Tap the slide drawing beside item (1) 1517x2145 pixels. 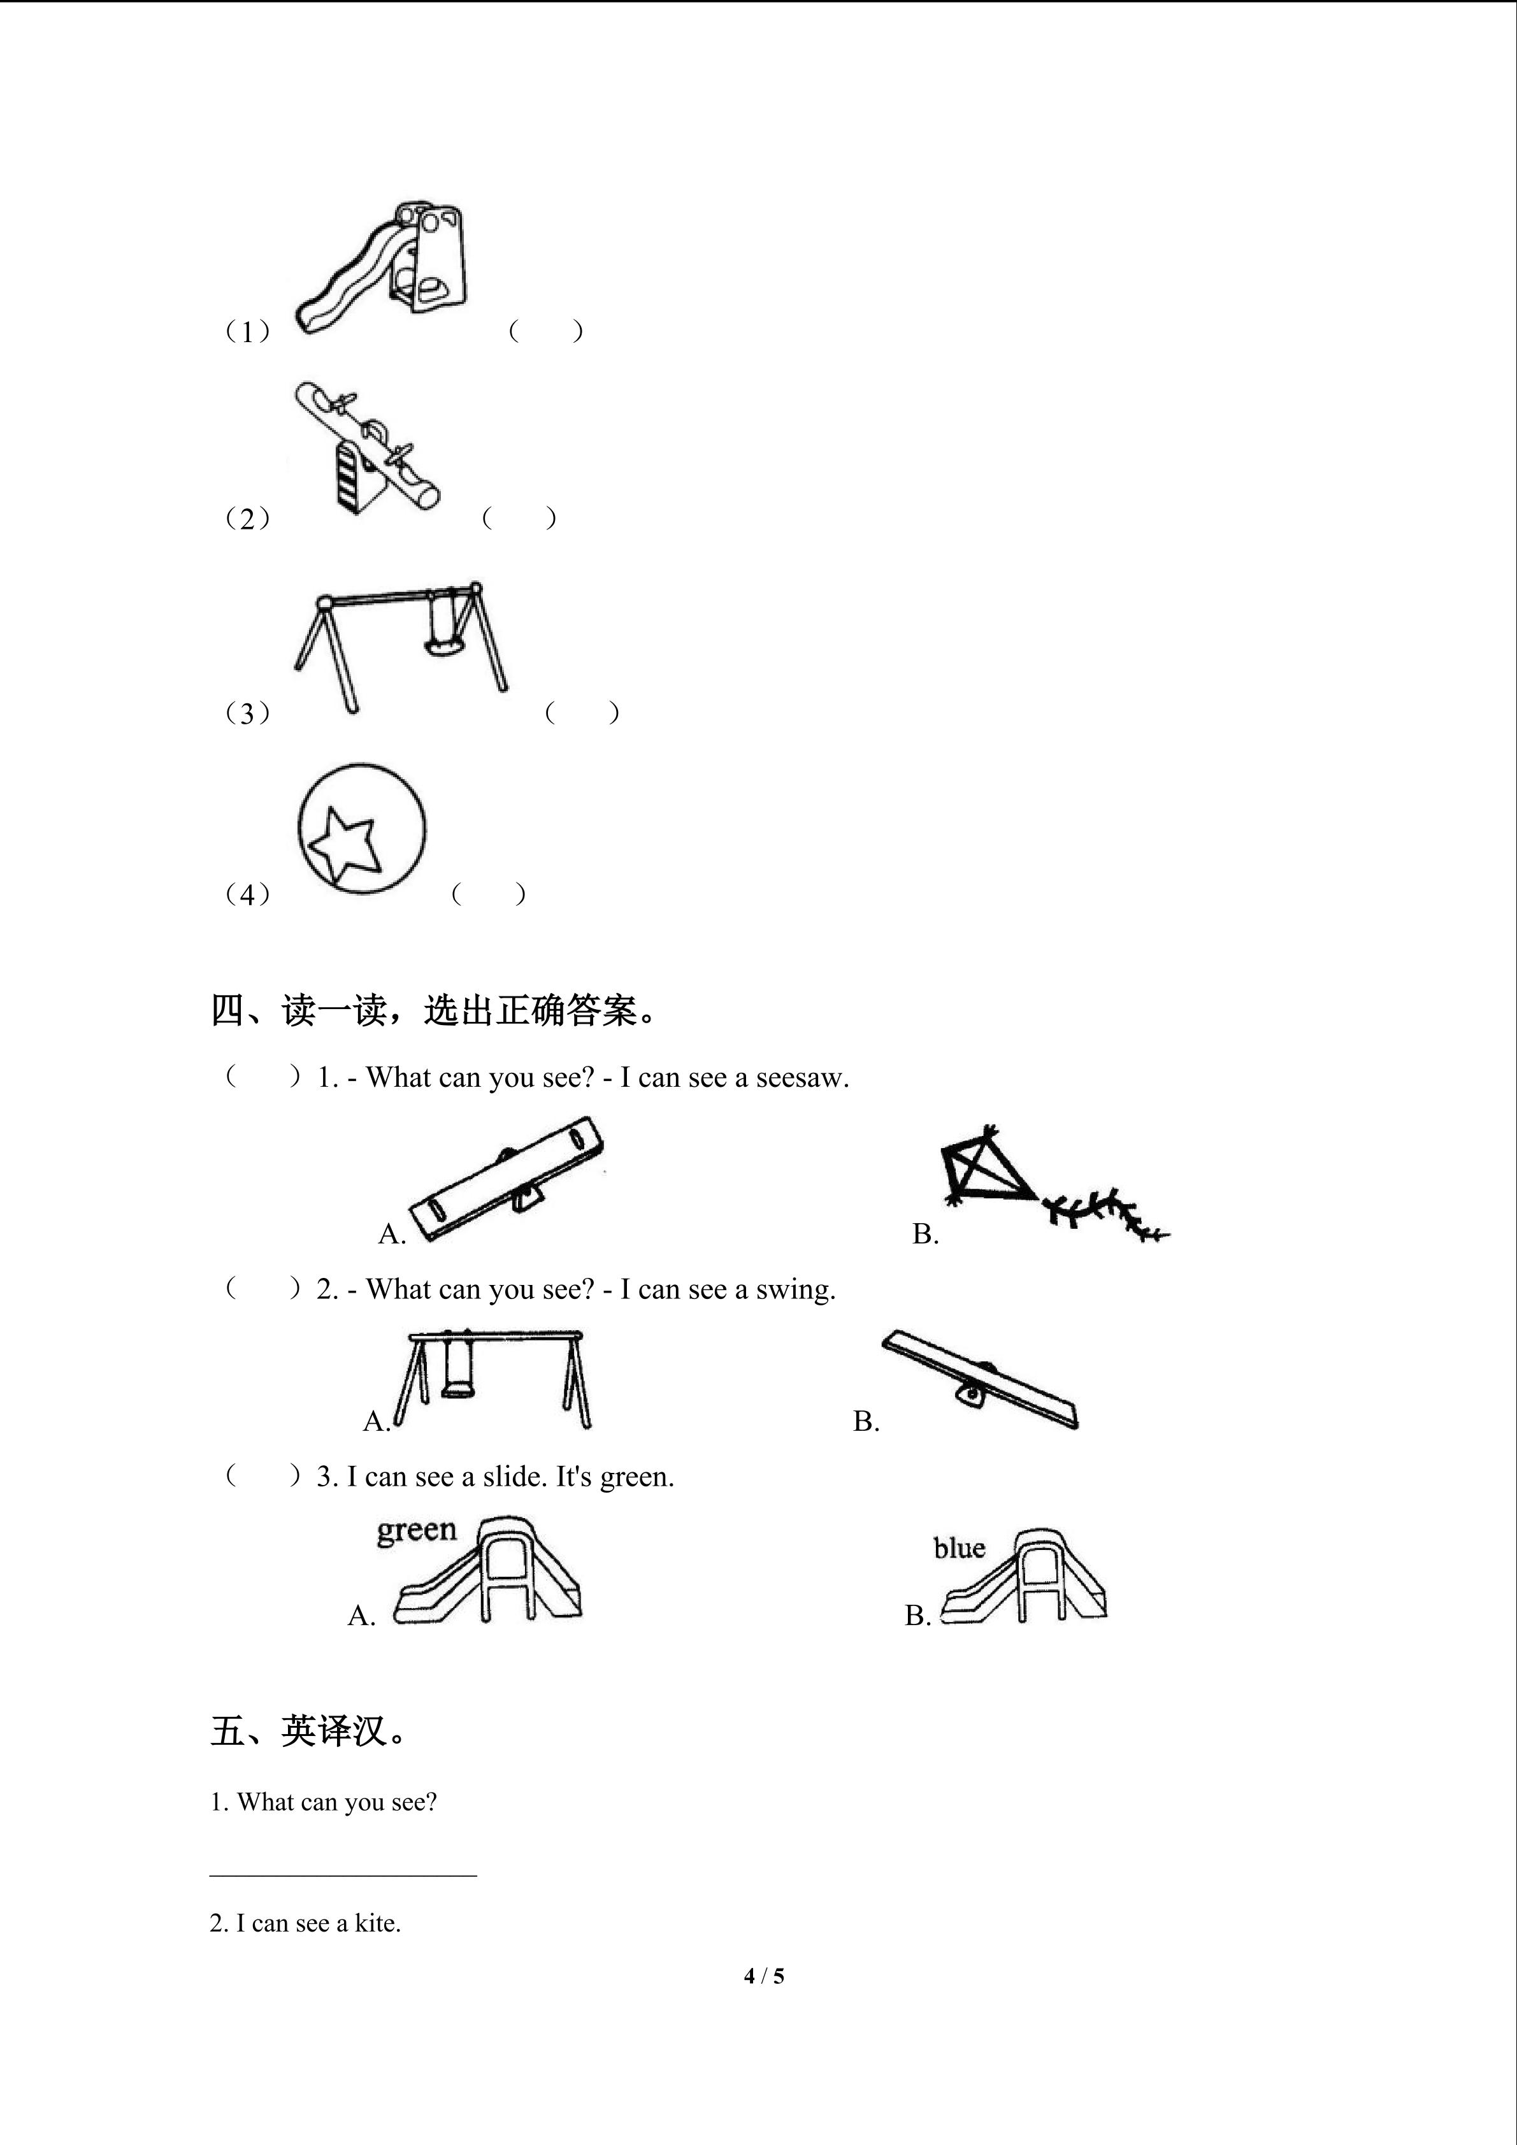(x=380, y=266)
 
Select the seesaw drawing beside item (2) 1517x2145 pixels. (x=366, y=447)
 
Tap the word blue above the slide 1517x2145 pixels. (x=960, y=1548)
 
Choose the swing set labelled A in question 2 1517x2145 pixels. (x=491, y=1379)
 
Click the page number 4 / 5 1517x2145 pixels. (x=764, y=1976)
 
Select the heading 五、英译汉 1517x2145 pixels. (x=308, y=1731)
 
